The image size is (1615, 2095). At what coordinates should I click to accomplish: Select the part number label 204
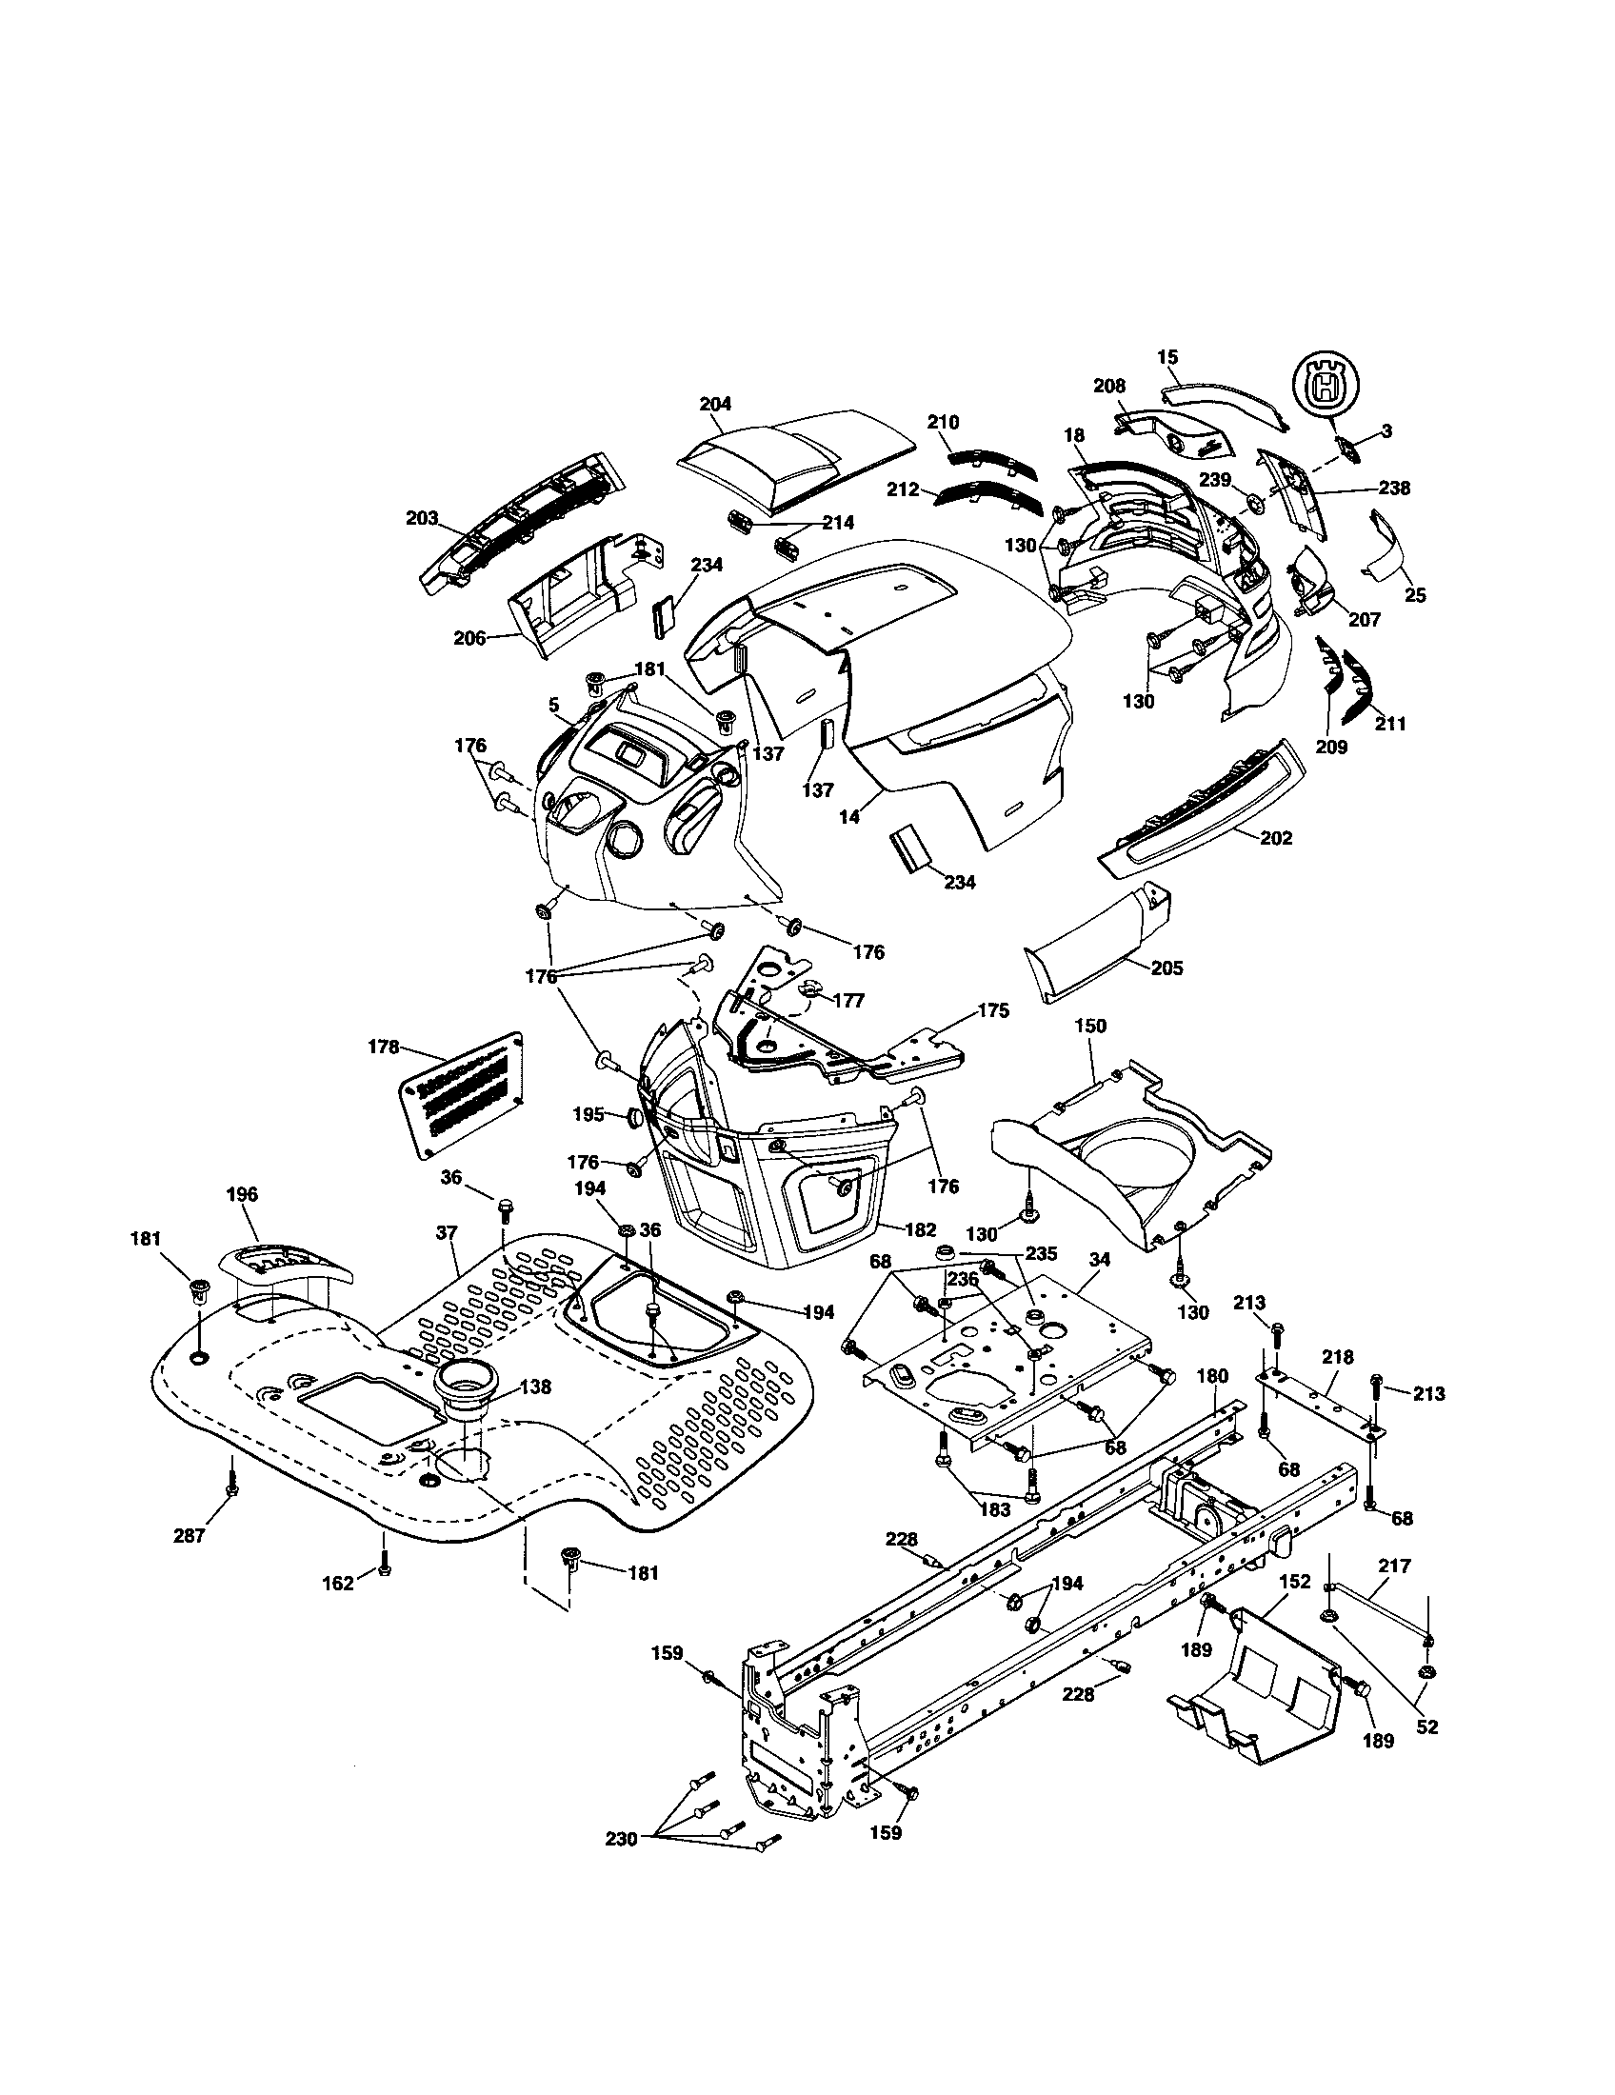pos(715,404)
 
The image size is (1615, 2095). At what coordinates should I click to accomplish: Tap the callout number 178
pos(383,1047)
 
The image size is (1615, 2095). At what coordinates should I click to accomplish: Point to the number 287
pos(189,1537)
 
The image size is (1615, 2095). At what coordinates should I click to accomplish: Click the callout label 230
pos(621,1840)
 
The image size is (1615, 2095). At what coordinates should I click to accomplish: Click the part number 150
pos(1090,1026)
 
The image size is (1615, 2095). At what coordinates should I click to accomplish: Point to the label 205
pos(1166,968)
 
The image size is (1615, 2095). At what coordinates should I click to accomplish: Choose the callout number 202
pos(1275,838)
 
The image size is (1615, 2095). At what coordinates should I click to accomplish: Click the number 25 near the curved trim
pos(1415,595)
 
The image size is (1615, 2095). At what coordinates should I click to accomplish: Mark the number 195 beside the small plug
pos(588,1114)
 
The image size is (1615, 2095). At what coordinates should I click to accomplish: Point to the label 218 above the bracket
pos(1337,1357)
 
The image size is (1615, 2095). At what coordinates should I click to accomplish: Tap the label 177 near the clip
pos(848,1001)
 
